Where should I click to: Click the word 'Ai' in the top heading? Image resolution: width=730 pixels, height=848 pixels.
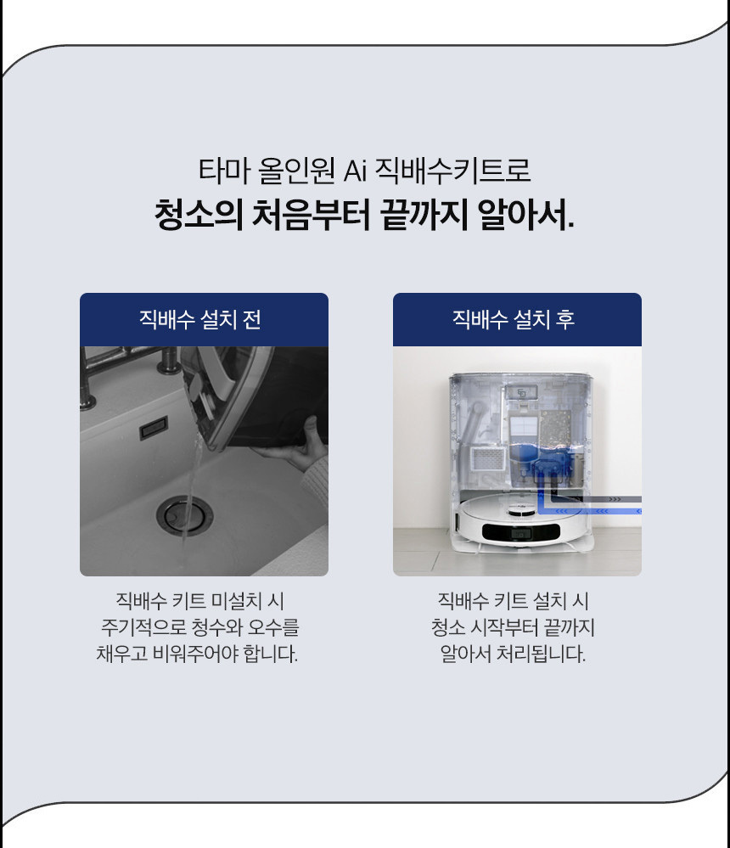click(356, 171)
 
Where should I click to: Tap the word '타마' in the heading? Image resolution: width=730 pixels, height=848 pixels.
click(224, 170)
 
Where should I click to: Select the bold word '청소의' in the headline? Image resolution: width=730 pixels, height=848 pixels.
click(198, 215)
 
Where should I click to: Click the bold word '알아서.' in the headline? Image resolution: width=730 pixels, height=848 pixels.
click(525, 215)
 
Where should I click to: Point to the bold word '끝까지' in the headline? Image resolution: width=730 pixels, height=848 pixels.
click(424, 215)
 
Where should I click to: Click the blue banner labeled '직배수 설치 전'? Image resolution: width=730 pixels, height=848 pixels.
click(204, 320)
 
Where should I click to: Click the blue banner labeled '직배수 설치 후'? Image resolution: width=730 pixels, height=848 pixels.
click(517, 320)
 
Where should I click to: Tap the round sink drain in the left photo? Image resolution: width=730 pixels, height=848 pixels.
click(184, 516)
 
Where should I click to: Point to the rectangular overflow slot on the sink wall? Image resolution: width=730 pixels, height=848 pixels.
click(154, 428)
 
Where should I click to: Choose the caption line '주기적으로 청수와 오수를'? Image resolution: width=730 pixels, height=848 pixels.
click(200, 627)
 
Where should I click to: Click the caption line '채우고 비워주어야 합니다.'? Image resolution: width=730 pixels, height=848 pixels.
click(198, 654)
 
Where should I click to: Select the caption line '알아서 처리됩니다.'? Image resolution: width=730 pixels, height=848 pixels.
click(513, 654)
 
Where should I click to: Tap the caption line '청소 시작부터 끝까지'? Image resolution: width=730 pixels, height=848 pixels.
click(513, 627)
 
